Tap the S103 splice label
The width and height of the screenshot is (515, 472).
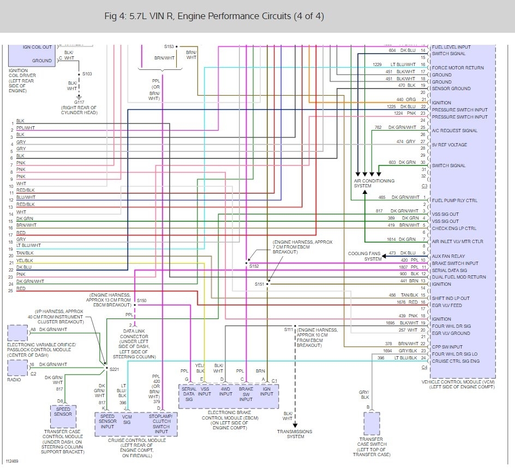click(87, 73)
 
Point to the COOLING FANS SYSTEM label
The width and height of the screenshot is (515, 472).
click(366, 256)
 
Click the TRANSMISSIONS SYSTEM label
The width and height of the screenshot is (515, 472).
click(295, 434)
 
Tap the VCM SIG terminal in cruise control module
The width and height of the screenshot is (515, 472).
click(127, 420)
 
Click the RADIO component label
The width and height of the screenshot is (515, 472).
click(15, 380)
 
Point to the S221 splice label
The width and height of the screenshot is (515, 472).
click(114, 370)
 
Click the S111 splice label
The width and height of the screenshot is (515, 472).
click(288, 329)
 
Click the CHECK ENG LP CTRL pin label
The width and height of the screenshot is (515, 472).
click(454, 228)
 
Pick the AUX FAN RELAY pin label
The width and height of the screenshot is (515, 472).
click(448, 256)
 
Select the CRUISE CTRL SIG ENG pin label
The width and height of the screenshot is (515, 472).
click(456, 361)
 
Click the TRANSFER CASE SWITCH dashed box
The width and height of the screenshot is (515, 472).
click(372, 423)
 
